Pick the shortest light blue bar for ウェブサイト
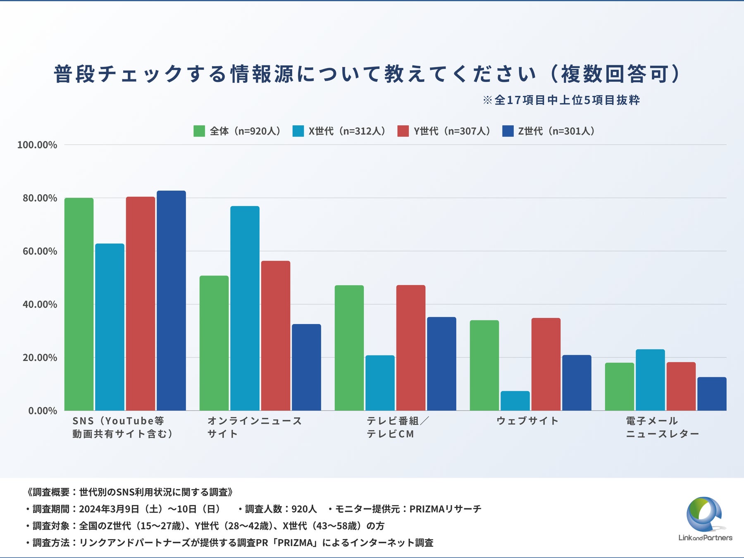tap(515, 401)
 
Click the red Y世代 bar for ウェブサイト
tap(546, 364)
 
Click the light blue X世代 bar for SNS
tap(110, 327)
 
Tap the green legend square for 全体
tap(199, 131)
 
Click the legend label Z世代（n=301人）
tap(556, 131)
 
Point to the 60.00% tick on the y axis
tap(40, 251)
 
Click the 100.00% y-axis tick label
tap(37, 145)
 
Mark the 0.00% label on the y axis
tap(43, 411)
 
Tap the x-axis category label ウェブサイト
tap(527, 421)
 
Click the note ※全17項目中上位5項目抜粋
tap(561, 100)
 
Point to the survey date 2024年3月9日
tap(109, 509)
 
